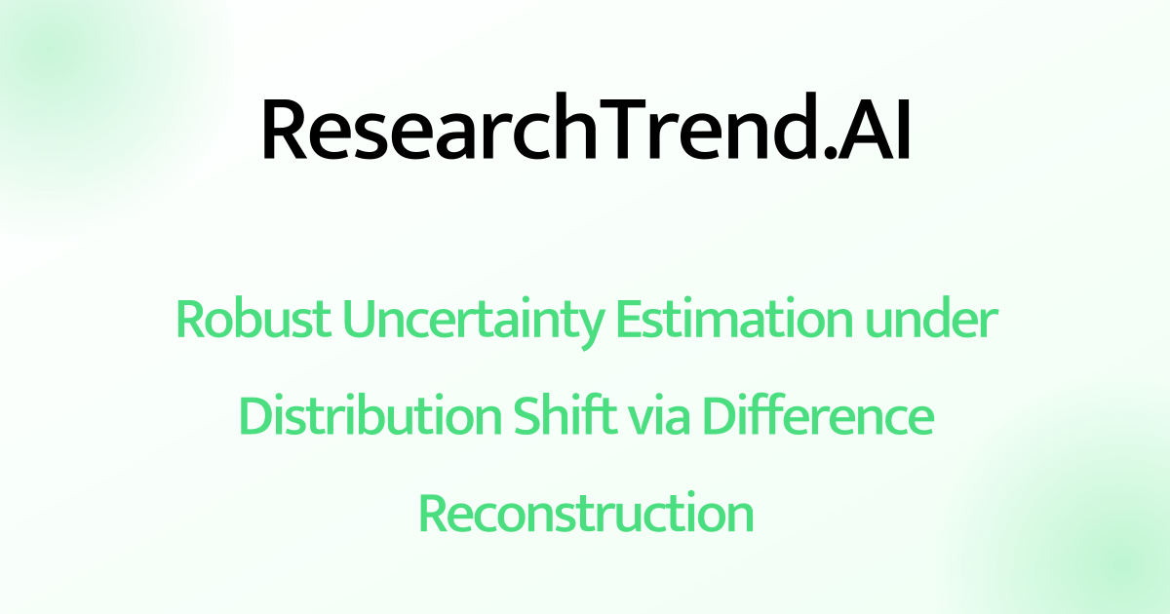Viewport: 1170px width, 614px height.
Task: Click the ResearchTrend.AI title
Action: click(585, 131)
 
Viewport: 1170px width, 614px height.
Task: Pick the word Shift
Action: click(559, 417)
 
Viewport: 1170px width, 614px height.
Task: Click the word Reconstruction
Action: click(586, 513)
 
